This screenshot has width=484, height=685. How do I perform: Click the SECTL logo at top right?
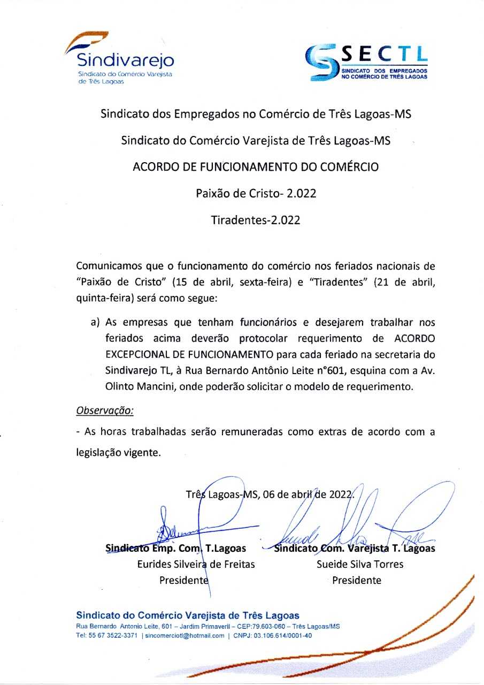366,62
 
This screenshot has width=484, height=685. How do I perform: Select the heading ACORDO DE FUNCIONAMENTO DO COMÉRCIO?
256,167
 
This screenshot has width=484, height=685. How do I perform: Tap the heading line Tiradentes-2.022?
256,220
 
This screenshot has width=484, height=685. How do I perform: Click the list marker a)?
96,323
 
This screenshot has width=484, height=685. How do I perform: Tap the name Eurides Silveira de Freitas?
196,564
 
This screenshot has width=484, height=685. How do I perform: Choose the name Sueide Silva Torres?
360,564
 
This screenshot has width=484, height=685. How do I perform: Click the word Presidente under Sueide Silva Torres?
357,580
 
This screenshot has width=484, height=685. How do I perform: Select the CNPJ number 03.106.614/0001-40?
284,636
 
